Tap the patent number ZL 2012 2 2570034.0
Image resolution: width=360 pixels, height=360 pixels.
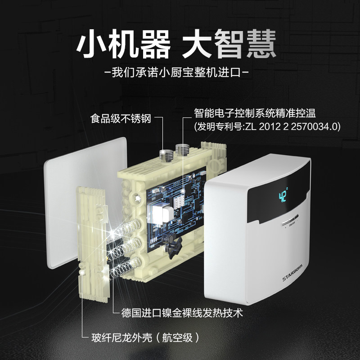pos(291,126)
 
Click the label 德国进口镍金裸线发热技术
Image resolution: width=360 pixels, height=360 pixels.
pos(183,312)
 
